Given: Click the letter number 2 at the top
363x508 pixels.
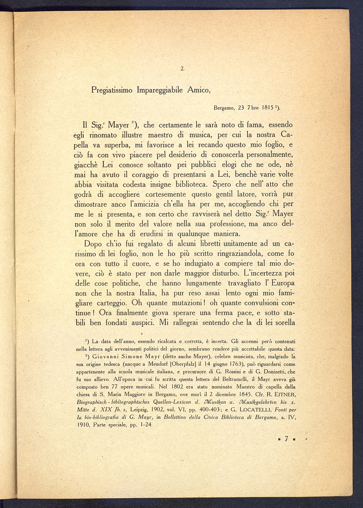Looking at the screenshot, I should [182, 70].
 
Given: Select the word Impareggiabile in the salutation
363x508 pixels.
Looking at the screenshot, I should [160, 91].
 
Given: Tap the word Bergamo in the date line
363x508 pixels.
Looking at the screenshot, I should [224, 108].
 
